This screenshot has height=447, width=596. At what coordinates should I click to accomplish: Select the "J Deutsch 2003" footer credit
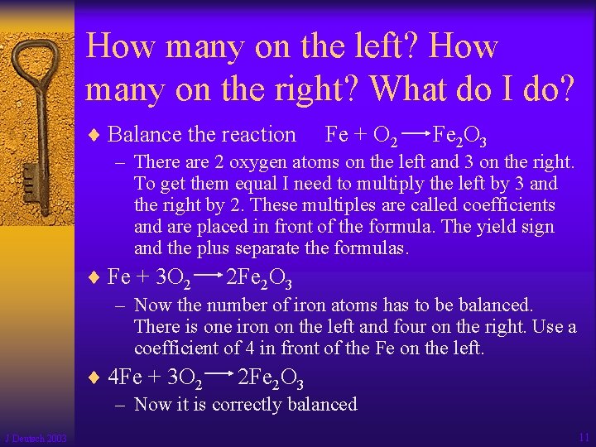pos(36,438)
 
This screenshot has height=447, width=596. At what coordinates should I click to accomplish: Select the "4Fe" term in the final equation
pos(125,378)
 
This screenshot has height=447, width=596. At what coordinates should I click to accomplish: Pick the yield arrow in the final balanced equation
pos(218,375)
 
